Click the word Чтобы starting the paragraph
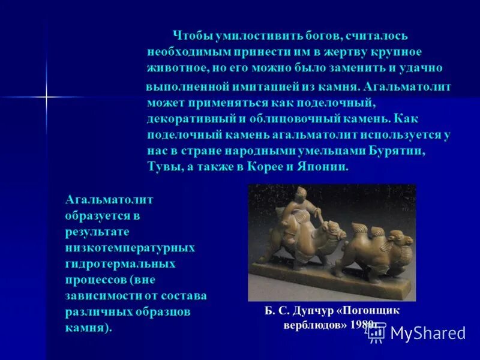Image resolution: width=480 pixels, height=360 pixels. [191, 37]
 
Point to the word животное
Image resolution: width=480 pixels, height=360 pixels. [175, 68]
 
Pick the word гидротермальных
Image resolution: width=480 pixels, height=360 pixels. [121, 263]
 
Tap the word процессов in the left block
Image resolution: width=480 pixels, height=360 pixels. [94, 280]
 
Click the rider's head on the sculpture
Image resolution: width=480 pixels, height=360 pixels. [301, 193]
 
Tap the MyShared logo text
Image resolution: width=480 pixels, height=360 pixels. [428, 333]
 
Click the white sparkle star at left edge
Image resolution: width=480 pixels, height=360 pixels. [46, 96]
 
